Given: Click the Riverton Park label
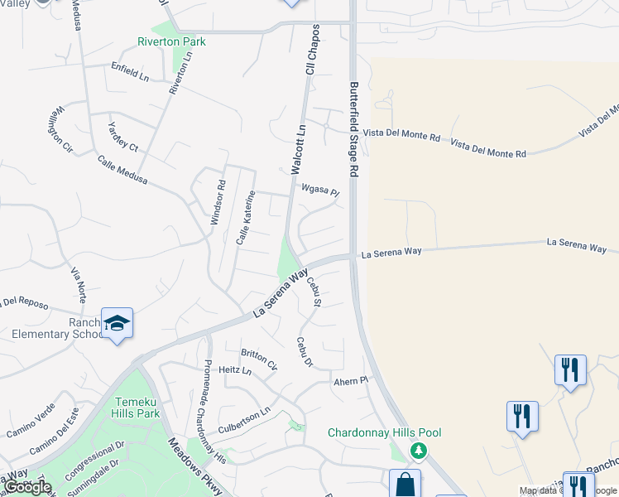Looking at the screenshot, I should click(172, 41).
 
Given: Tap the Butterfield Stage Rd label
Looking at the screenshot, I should click(353, 128).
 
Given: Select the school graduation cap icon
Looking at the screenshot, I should click(117, 323).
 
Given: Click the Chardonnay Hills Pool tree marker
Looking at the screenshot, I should click(420, 450).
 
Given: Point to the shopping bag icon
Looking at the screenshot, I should click(405, 485).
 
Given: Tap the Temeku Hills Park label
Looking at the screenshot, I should click(136, 407).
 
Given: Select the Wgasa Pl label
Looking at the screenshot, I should click(320, 191).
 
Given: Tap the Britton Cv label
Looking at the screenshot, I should click(259, 358).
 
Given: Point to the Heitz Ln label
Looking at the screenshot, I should click(235, 370).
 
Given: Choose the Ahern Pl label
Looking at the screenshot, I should click(349, 380).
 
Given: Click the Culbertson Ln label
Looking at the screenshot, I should click(244, 420).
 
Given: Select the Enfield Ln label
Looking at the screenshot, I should click(130, 72).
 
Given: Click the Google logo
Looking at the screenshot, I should click(27, 487).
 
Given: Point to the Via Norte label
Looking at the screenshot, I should click(78, 285).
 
